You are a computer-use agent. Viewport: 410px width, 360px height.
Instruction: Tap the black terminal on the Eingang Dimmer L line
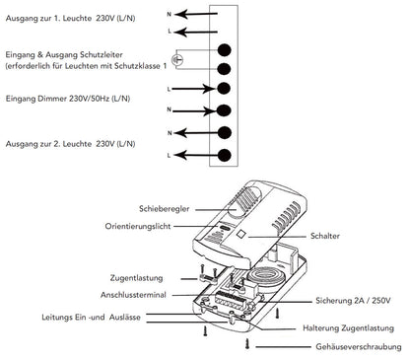pyautogui.click(x=224, y=89)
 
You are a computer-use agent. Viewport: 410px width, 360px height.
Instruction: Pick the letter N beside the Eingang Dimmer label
pyautogui.click(x=172, y=110)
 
